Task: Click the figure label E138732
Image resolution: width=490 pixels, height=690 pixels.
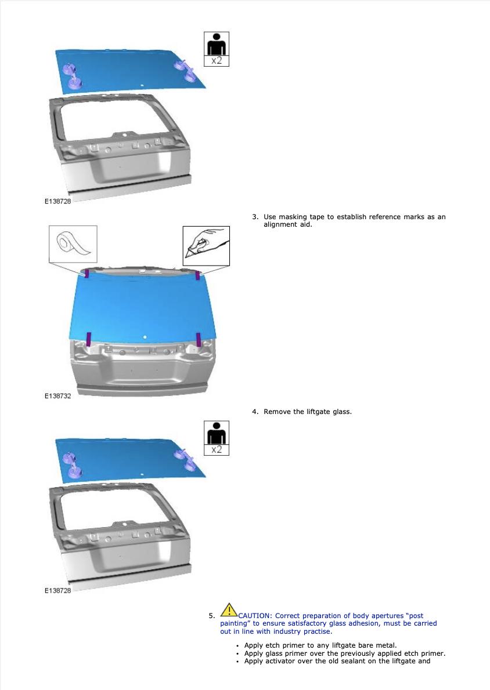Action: point(57,395)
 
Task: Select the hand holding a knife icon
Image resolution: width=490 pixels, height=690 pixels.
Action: point(206,246)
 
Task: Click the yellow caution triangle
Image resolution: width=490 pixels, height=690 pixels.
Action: point(229,610)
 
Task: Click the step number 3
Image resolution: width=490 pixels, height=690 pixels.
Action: point(255,216)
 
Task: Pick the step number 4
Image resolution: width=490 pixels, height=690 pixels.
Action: point(255,412)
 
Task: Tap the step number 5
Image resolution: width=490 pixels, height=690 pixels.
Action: point(212,616)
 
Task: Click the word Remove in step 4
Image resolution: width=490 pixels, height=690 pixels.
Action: point(277,412)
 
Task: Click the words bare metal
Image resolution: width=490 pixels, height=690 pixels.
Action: point(377,645)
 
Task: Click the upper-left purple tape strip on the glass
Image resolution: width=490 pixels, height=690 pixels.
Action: point(87,273)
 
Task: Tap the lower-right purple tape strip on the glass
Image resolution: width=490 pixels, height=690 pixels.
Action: point(199,339)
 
